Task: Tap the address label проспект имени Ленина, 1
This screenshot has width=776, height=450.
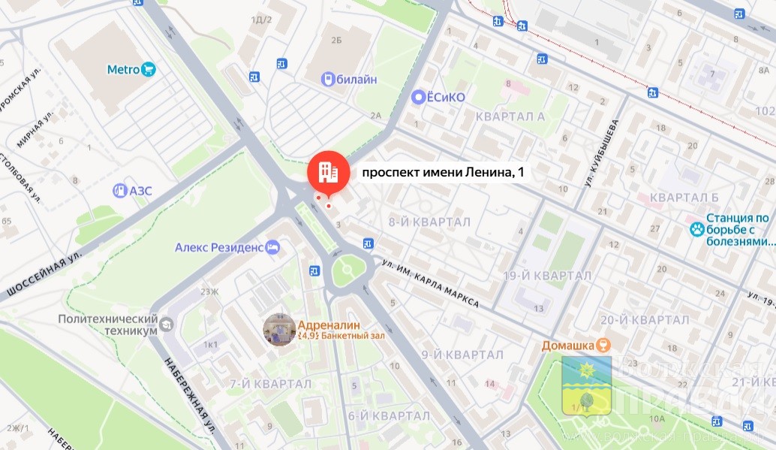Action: [443, 173]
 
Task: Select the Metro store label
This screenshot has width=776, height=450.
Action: [124, 70]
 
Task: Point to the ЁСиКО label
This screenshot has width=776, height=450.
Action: [446, 97]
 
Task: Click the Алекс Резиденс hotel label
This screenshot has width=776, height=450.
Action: [219, 246]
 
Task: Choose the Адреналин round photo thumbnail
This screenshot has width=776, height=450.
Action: [279, 330]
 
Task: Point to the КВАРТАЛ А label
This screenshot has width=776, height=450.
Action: [510, 116]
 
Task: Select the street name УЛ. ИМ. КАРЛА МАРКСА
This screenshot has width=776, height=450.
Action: [430, 283]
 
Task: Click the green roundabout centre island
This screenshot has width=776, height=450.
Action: [347, 269]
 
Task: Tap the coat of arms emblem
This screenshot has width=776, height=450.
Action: [585, 387]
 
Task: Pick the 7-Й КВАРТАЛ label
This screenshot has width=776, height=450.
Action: [270, 384]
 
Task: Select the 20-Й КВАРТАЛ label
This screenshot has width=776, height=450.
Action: [635, 319]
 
